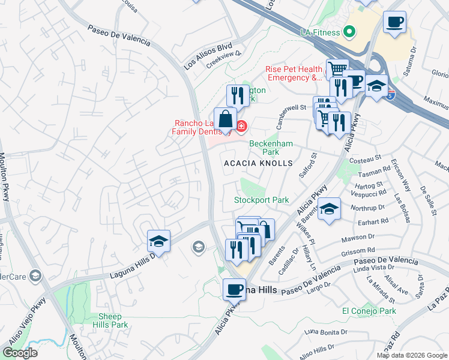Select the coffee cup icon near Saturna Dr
click(394, 23)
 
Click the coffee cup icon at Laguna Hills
click(234, 290)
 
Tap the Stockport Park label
click(261, 200)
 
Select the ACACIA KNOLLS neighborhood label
click(258, 163)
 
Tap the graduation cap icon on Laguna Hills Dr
click(159, 241)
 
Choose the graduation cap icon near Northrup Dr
click(330, 209)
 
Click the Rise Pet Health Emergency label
click(294, 73)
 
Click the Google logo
click(20, 352)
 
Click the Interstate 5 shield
click(391, 94)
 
